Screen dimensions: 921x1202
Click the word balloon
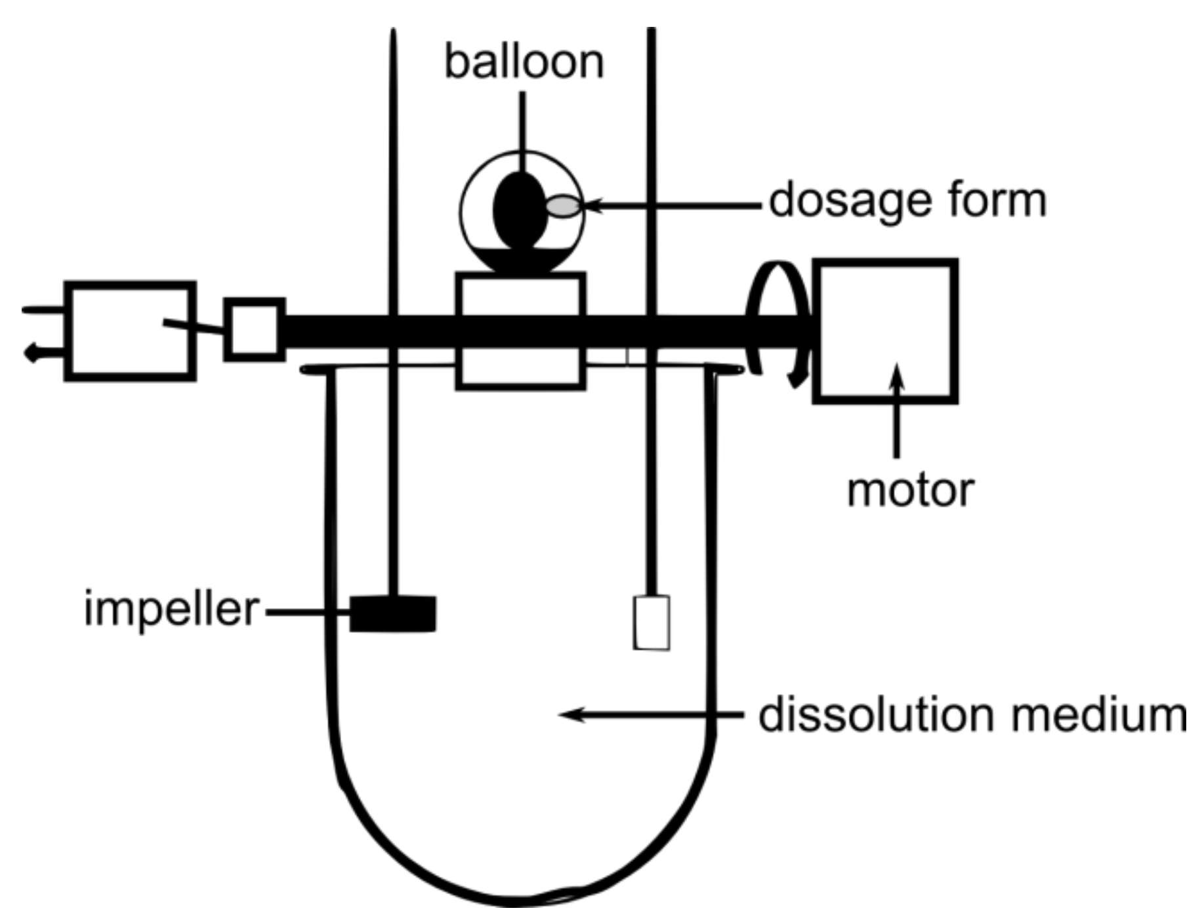click(524, 62)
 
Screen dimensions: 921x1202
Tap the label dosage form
click(907, 201)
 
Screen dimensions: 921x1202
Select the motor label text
click(910, 491)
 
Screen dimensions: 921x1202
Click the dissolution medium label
click(972, 715)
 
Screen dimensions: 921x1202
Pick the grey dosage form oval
click(563, 207)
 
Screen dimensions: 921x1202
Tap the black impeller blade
click(392, 614)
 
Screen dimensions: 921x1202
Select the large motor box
click(885, 331)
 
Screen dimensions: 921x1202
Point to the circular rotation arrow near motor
click(777, 321)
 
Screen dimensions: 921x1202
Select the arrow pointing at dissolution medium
click(650, 714)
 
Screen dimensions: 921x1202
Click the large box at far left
click(130, 331)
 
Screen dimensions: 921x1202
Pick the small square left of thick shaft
click(254, 329)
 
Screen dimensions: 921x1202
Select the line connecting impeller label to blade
click(307, 613)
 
